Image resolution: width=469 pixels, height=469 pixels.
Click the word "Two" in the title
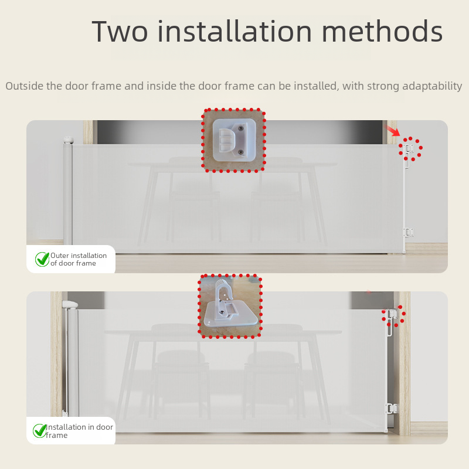tap(120, 31)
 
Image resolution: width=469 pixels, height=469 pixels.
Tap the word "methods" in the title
tap(382, 30)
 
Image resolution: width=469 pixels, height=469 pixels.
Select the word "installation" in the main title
tap(235, 30)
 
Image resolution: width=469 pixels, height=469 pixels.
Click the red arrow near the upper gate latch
tap(392, 130)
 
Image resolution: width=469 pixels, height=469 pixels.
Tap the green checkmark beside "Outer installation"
tap(42, 259)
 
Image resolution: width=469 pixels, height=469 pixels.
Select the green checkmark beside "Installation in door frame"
tap(40, 431)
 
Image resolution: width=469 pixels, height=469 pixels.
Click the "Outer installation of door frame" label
tap(79, 259)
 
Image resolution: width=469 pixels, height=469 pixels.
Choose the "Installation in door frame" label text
tap(79, 431)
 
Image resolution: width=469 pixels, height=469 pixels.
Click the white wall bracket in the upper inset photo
tap(234, 140)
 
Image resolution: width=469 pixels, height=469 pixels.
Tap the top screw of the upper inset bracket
tap(240, 128)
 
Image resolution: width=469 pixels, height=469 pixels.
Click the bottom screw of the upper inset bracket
tap(240, 152)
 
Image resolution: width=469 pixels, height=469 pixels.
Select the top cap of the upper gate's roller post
tap(69, 140)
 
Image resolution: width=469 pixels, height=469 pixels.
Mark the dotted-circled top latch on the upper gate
tap(407, 149)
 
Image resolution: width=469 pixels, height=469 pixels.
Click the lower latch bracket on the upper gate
tap(408, 232)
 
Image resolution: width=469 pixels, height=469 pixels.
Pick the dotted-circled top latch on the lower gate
tap(393, 314)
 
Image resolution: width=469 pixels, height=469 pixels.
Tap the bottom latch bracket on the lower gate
tap(392, 408)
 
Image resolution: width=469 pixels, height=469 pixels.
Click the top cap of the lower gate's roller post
tap(70, 304)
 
